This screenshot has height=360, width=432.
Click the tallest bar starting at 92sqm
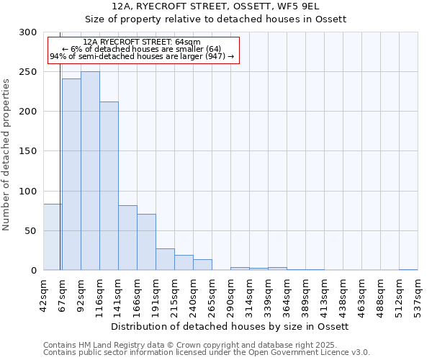point(90,171)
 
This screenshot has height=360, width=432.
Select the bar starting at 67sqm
point(71,174)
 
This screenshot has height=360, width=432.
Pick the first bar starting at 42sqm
point(52,237)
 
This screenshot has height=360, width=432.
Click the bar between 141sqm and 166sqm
point(127,238)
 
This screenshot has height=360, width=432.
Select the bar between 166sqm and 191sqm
point(146,242)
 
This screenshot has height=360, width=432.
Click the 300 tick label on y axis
point(28,32)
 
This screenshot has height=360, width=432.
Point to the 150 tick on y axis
point(28,151)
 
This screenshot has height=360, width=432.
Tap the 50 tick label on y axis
point(31,230)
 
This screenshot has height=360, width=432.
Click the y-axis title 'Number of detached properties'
point(6,155)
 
